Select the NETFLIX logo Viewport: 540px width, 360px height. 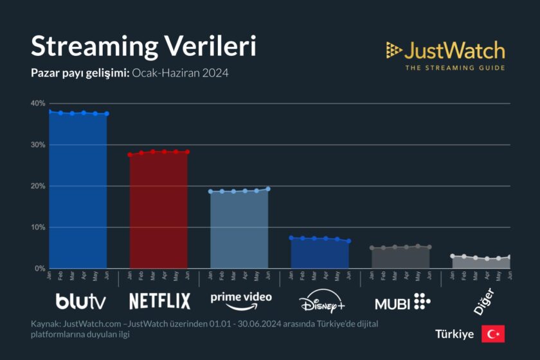pyautogui.click(x=159, y=301)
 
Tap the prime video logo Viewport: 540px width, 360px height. pyautogui.click(x=241, y=300)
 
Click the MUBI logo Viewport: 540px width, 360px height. pyautogui.click(x=402, y=301)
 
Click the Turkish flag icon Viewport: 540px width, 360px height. pyautogui.click(x=493, y=334)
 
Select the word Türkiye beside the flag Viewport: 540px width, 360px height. pyautogui.click(x=455, y=334)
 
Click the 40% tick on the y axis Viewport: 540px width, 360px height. pyautogui.click(x=38, y=104)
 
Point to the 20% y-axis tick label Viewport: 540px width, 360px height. pyautogui.click(x=38, y=186)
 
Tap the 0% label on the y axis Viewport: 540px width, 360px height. pyautogui.click(x=40, y=268)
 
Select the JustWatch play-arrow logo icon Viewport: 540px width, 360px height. pyautogui.click(x=394, y=51)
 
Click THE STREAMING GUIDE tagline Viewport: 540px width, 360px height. pyautogui.click(x=455, y=67)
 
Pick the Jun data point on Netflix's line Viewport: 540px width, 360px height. pyautogui.click(x=187, y=152)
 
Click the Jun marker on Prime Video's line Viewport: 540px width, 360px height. pyautogui.click(x=268, y=189)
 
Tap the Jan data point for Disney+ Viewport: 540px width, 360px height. pyautogui.click(x=291, y=238)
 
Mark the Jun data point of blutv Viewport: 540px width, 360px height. pyautogui.click(x=107, y=114)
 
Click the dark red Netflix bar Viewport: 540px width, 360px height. pyautogui.click(x=159, y=212)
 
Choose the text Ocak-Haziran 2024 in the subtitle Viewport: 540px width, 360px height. pyautogui.click(x=180, y=73)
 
